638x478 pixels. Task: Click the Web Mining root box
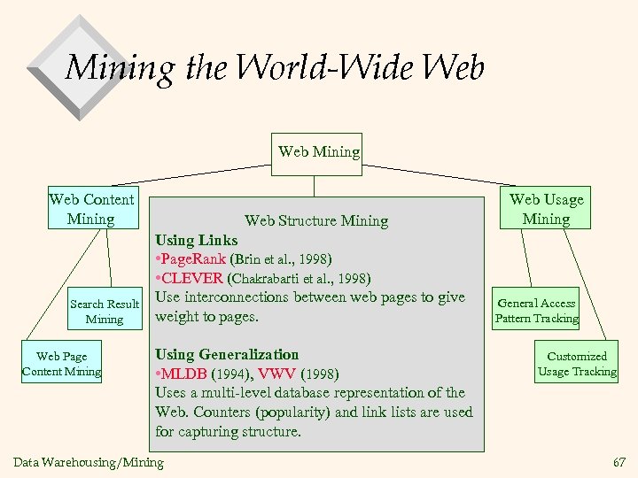[319, 152]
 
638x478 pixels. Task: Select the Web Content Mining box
[91, 209]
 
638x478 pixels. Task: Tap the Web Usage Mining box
[546, 209]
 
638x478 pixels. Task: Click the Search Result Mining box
[105, 311]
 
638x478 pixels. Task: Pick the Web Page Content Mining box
[61, 364]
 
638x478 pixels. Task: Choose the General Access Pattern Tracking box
[536, 311]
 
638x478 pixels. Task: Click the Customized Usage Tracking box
[577, 364]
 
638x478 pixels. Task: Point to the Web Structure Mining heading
[316, 220]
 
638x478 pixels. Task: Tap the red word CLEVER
[193, 279]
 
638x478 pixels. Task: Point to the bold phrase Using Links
[197, 240]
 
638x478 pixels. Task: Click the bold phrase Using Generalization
[227, 354]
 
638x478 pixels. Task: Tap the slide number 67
[618, 462]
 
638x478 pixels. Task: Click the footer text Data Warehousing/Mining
[89, 462]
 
